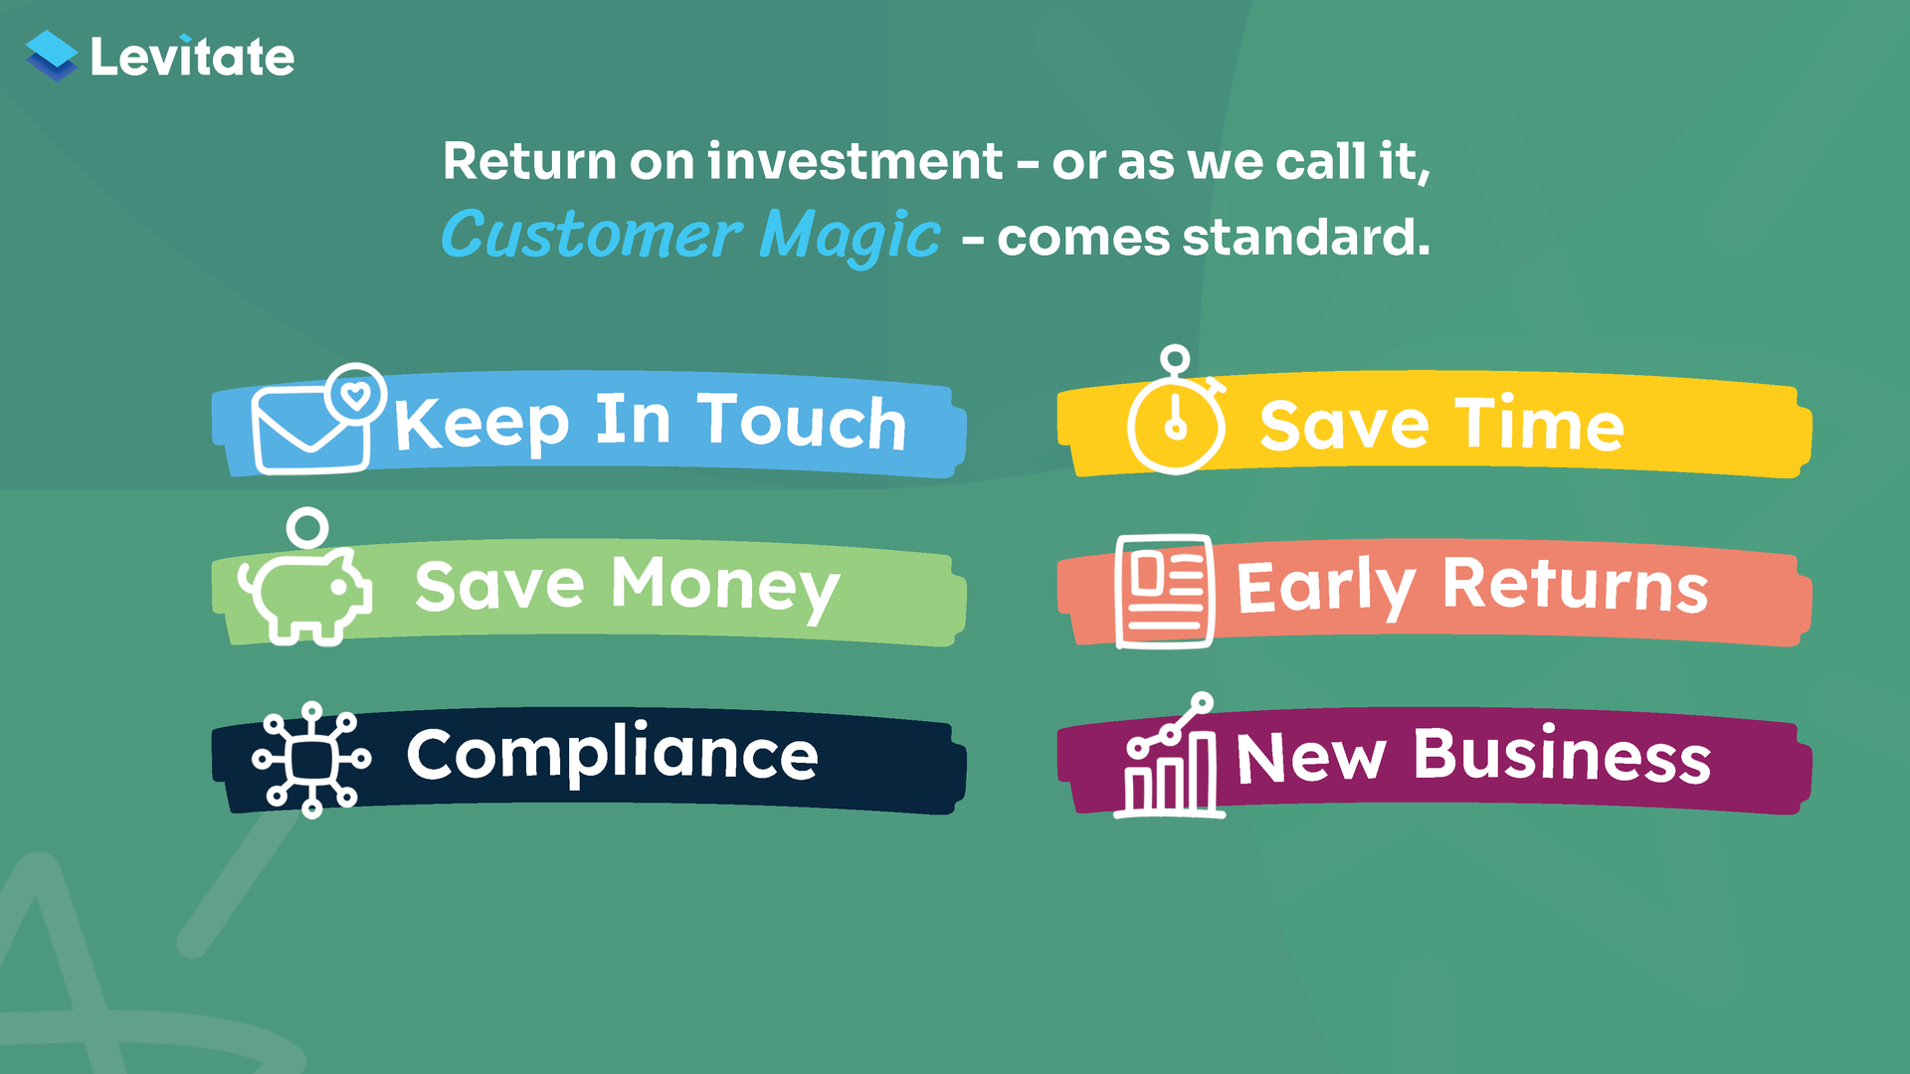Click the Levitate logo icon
click(x=52, y=56)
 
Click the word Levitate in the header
click(x=192, y=57)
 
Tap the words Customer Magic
click(x=690, y=237)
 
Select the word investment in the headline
click(x=856, y=161)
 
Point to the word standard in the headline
click(x=1305, y=238)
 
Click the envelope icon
click(x=309, y=430)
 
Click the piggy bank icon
click(x=304, y=596)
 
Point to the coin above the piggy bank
click(x=307, y=528)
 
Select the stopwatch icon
click(x=1176, y=411)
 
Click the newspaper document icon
click(x=1164, y=592)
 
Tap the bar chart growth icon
click(x=1170, y=756)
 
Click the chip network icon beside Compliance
click(x=311, y=760)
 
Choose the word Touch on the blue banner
click(x=802, y=422)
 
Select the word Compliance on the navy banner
click(x=613, y=754)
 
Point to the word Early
click(x=1325, y=588)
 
